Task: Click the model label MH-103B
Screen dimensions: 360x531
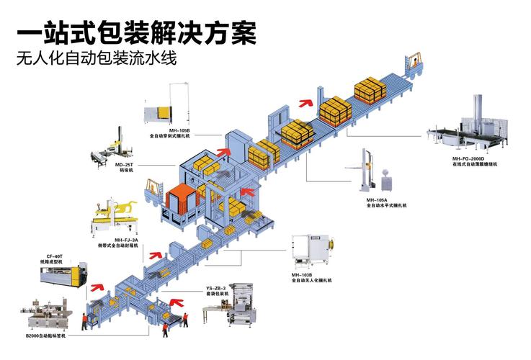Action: tap(301, 274)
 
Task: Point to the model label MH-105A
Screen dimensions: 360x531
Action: tap(376, 199)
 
